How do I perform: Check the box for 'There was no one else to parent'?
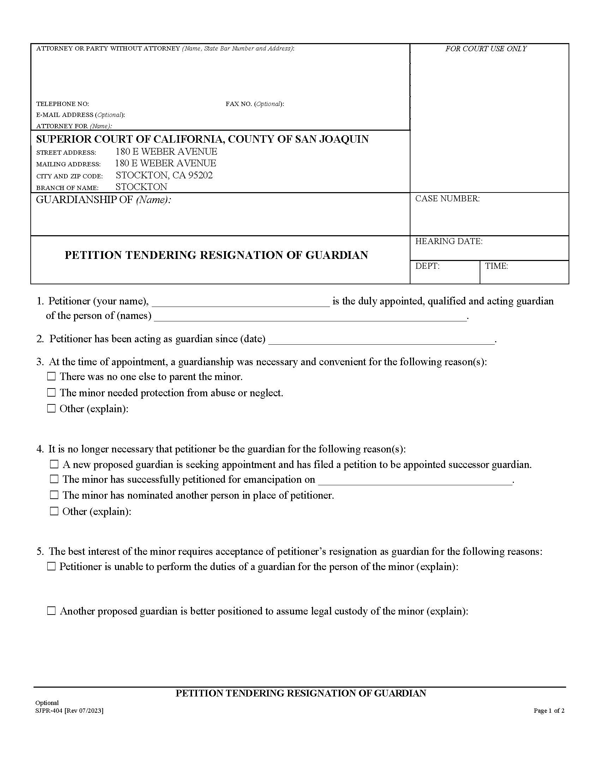click(x=52, y=376)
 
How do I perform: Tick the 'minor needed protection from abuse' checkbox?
click(x=52, y=393)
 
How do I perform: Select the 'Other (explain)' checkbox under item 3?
click(x=52, y=408)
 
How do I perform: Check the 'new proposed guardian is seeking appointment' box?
click(x=54, y=464)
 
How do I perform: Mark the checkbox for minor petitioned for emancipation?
click(x=54, y=480)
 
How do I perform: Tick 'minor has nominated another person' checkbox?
click(x=54, y=495)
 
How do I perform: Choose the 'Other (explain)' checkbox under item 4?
click(x=54, y=511)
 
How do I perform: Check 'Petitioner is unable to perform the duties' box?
click(x=52, y=567)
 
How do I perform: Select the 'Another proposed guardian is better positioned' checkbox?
click(x=52, y=611)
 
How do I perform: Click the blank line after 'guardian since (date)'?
click(x=381, y=340)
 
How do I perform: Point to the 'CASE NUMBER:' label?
click(x=447, y=198)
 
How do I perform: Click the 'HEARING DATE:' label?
click(x=449, y=241)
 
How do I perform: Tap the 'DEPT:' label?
click(x=427, y=266)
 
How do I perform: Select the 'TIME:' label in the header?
click(x=496, y=266)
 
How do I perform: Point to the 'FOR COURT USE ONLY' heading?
click(x=486, y=49)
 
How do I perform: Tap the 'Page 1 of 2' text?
click(x=549, y=711)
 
